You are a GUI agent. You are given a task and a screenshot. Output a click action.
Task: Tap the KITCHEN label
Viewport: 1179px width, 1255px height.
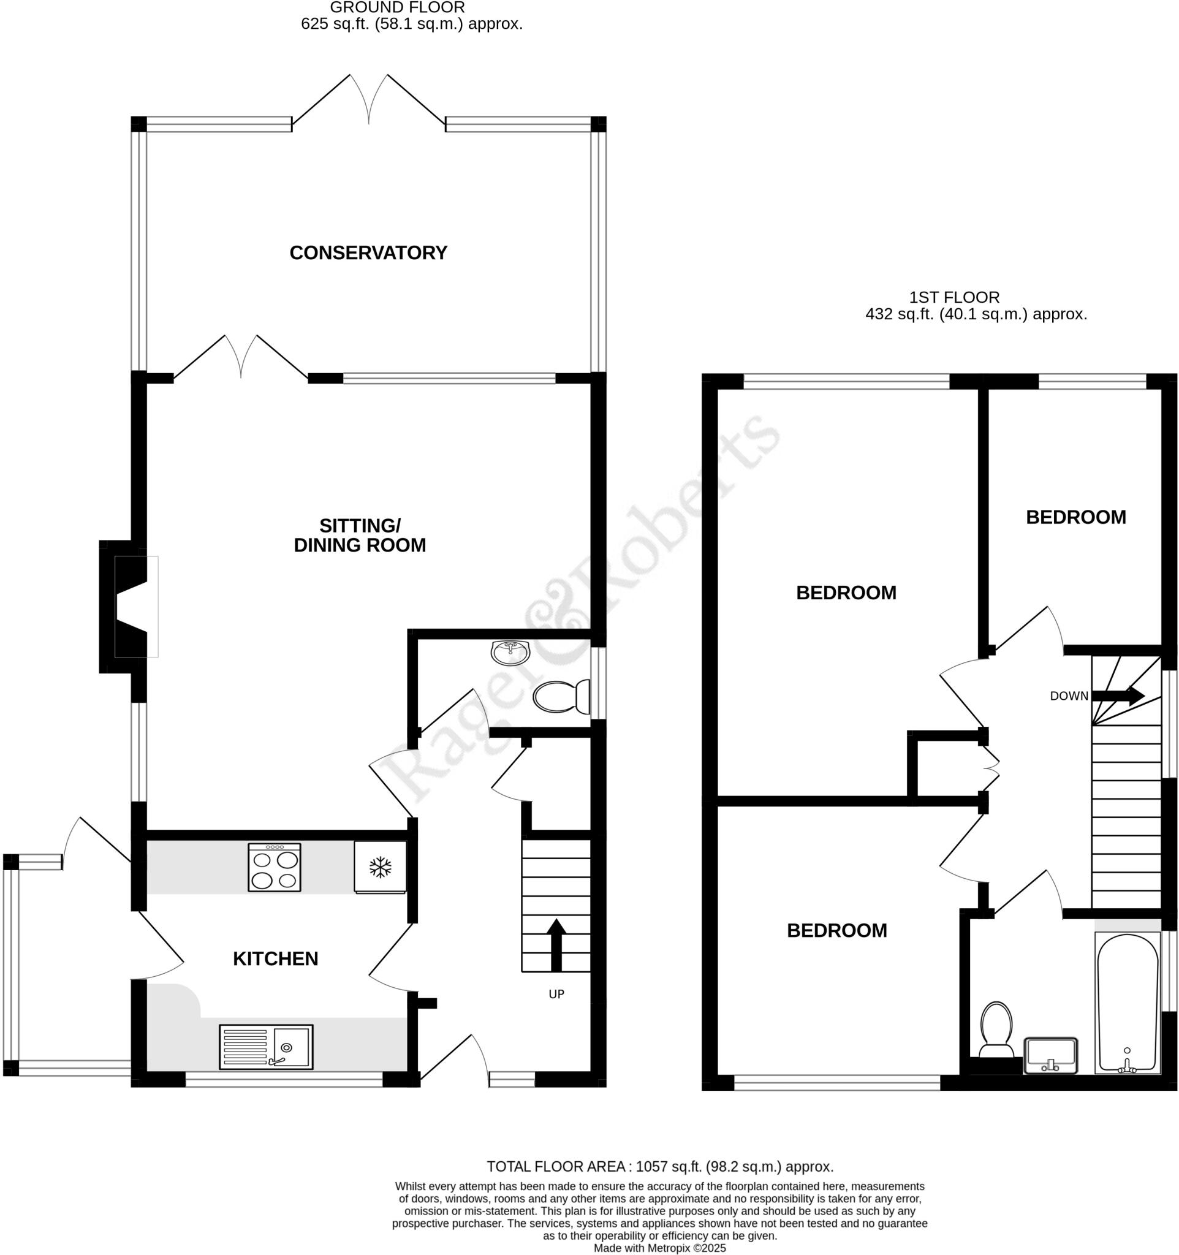point(275,959)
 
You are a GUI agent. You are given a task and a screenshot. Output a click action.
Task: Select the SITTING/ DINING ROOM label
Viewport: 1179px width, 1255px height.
point(360,536)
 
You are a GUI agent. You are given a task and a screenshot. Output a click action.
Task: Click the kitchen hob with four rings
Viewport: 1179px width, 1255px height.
point(274,867)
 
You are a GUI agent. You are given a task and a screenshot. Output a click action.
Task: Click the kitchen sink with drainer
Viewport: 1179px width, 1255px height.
point(266,1047)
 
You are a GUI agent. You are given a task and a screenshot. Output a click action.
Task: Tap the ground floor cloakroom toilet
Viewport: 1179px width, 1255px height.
point(561,696)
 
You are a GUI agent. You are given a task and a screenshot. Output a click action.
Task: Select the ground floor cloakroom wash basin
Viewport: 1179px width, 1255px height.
point(510,653)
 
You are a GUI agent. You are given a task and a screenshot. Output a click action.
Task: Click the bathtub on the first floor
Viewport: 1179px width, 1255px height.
point(1128,1003)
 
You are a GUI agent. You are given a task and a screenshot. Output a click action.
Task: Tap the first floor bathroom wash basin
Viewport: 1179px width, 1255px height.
point(1050,1055)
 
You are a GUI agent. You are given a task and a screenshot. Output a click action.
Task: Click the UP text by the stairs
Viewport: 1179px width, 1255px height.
point(556,995)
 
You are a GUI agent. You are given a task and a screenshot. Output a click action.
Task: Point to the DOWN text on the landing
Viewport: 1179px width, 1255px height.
point(1069,696)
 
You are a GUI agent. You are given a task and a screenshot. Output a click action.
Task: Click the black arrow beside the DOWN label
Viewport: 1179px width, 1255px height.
point(1118,696)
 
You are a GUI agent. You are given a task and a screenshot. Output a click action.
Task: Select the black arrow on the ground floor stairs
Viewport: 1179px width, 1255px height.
point(556,945)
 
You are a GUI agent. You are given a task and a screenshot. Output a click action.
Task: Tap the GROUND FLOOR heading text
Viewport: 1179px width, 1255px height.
point(397,7)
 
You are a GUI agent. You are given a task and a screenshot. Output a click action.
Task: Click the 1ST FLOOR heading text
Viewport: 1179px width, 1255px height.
point(954,297)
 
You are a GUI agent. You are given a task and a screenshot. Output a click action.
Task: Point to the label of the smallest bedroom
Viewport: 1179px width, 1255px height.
point(1075,517)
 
